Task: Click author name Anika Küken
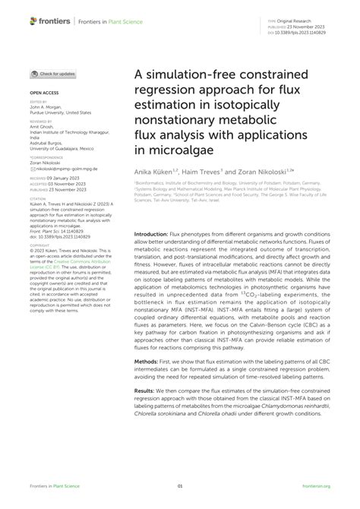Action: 156,172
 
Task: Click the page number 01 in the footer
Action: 180,485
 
